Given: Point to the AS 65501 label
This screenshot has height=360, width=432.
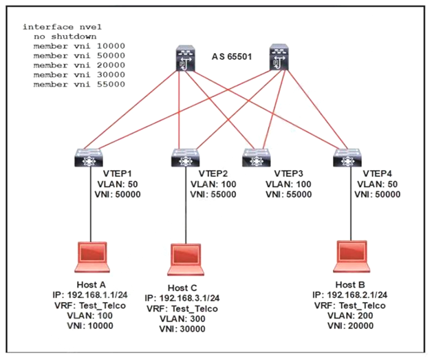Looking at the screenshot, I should click(232, 59).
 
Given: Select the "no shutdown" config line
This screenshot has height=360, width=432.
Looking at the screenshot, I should click(65, 36).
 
